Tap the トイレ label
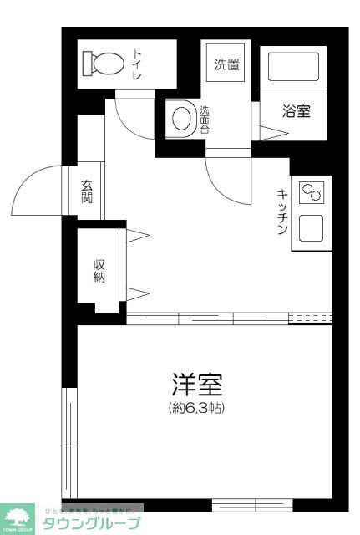[x=138, y=64]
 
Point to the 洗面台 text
[x=205, y=118]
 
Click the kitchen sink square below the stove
[x=312, y=226]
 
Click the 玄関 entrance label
[x=88, y=193]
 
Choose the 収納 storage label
[x=99, y=270]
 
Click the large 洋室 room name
[x=197, y=386]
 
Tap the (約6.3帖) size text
[x=197, y=409]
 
